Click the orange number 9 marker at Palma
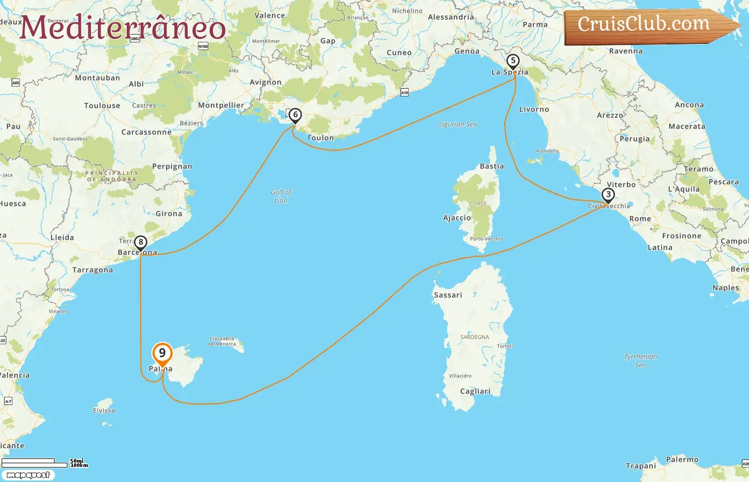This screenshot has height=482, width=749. click(x=162, y=353)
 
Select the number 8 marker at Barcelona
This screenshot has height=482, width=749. click(x=141, y=243)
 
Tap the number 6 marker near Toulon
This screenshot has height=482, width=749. click(x=295, y=115)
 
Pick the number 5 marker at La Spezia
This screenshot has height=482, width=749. click(x=513, y=61)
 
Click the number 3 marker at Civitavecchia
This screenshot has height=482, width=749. click(x=608, y=195)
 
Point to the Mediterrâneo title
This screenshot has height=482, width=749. click(x=123, y=28)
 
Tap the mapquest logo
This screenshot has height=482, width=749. click(x=28, y=475)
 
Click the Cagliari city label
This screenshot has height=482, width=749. click(x=475, y=391)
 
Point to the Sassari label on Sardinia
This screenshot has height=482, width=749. click(x=448, y=295)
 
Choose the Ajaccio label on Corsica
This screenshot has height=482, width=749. click(x=457, y=218)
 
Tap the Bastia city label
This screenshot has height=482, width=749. click(x=492, y=167)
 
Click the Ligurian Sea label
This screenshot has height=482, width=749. click(x=457, y=124)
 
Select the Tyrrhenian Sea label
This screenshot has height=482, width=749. click(x=640, y=360)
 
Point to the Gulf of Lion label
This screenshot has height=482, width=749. click(x=281, y=196)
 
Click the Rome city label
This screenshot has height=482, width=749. click(x=640, y=219)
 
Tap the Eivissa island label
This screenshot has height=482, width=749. click(x=104, y=411)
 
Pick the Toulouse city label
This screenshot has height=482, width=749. click(x=102, y=106)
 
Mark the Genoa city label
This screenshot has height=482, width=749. click(x=467, y=51)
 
